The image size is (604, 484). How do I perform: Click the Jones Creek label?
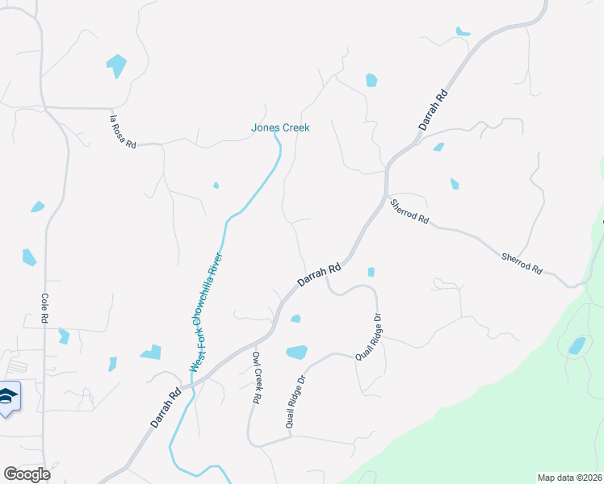coord(280,127)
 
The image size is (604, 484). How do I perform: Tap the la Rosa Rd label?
coord(123,131)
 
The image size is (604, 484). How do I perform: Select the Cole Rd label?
coord(45,308)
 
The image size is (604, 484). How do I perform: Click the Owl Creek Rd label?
coord(256,378)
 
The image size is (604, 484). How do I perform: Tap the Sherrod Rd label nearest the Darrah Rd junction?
coord(409,212)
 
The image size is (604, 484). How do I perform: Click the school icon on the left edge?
coord(8,397)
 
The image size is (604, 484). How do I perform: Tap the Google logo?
coord(27,474)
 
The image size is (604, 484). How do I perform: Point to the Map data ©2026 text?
coord(569,478)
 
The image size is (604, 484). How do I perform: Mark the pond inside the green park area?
coord(577,346)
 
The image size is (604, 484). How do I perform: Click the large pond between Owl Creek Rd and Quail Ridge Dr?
coord(296,352)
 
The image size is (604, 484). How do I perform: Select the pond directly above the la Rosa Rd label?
coord(116,65)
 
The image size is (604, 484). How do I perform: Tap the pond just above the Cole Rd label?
coord(29,257)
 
